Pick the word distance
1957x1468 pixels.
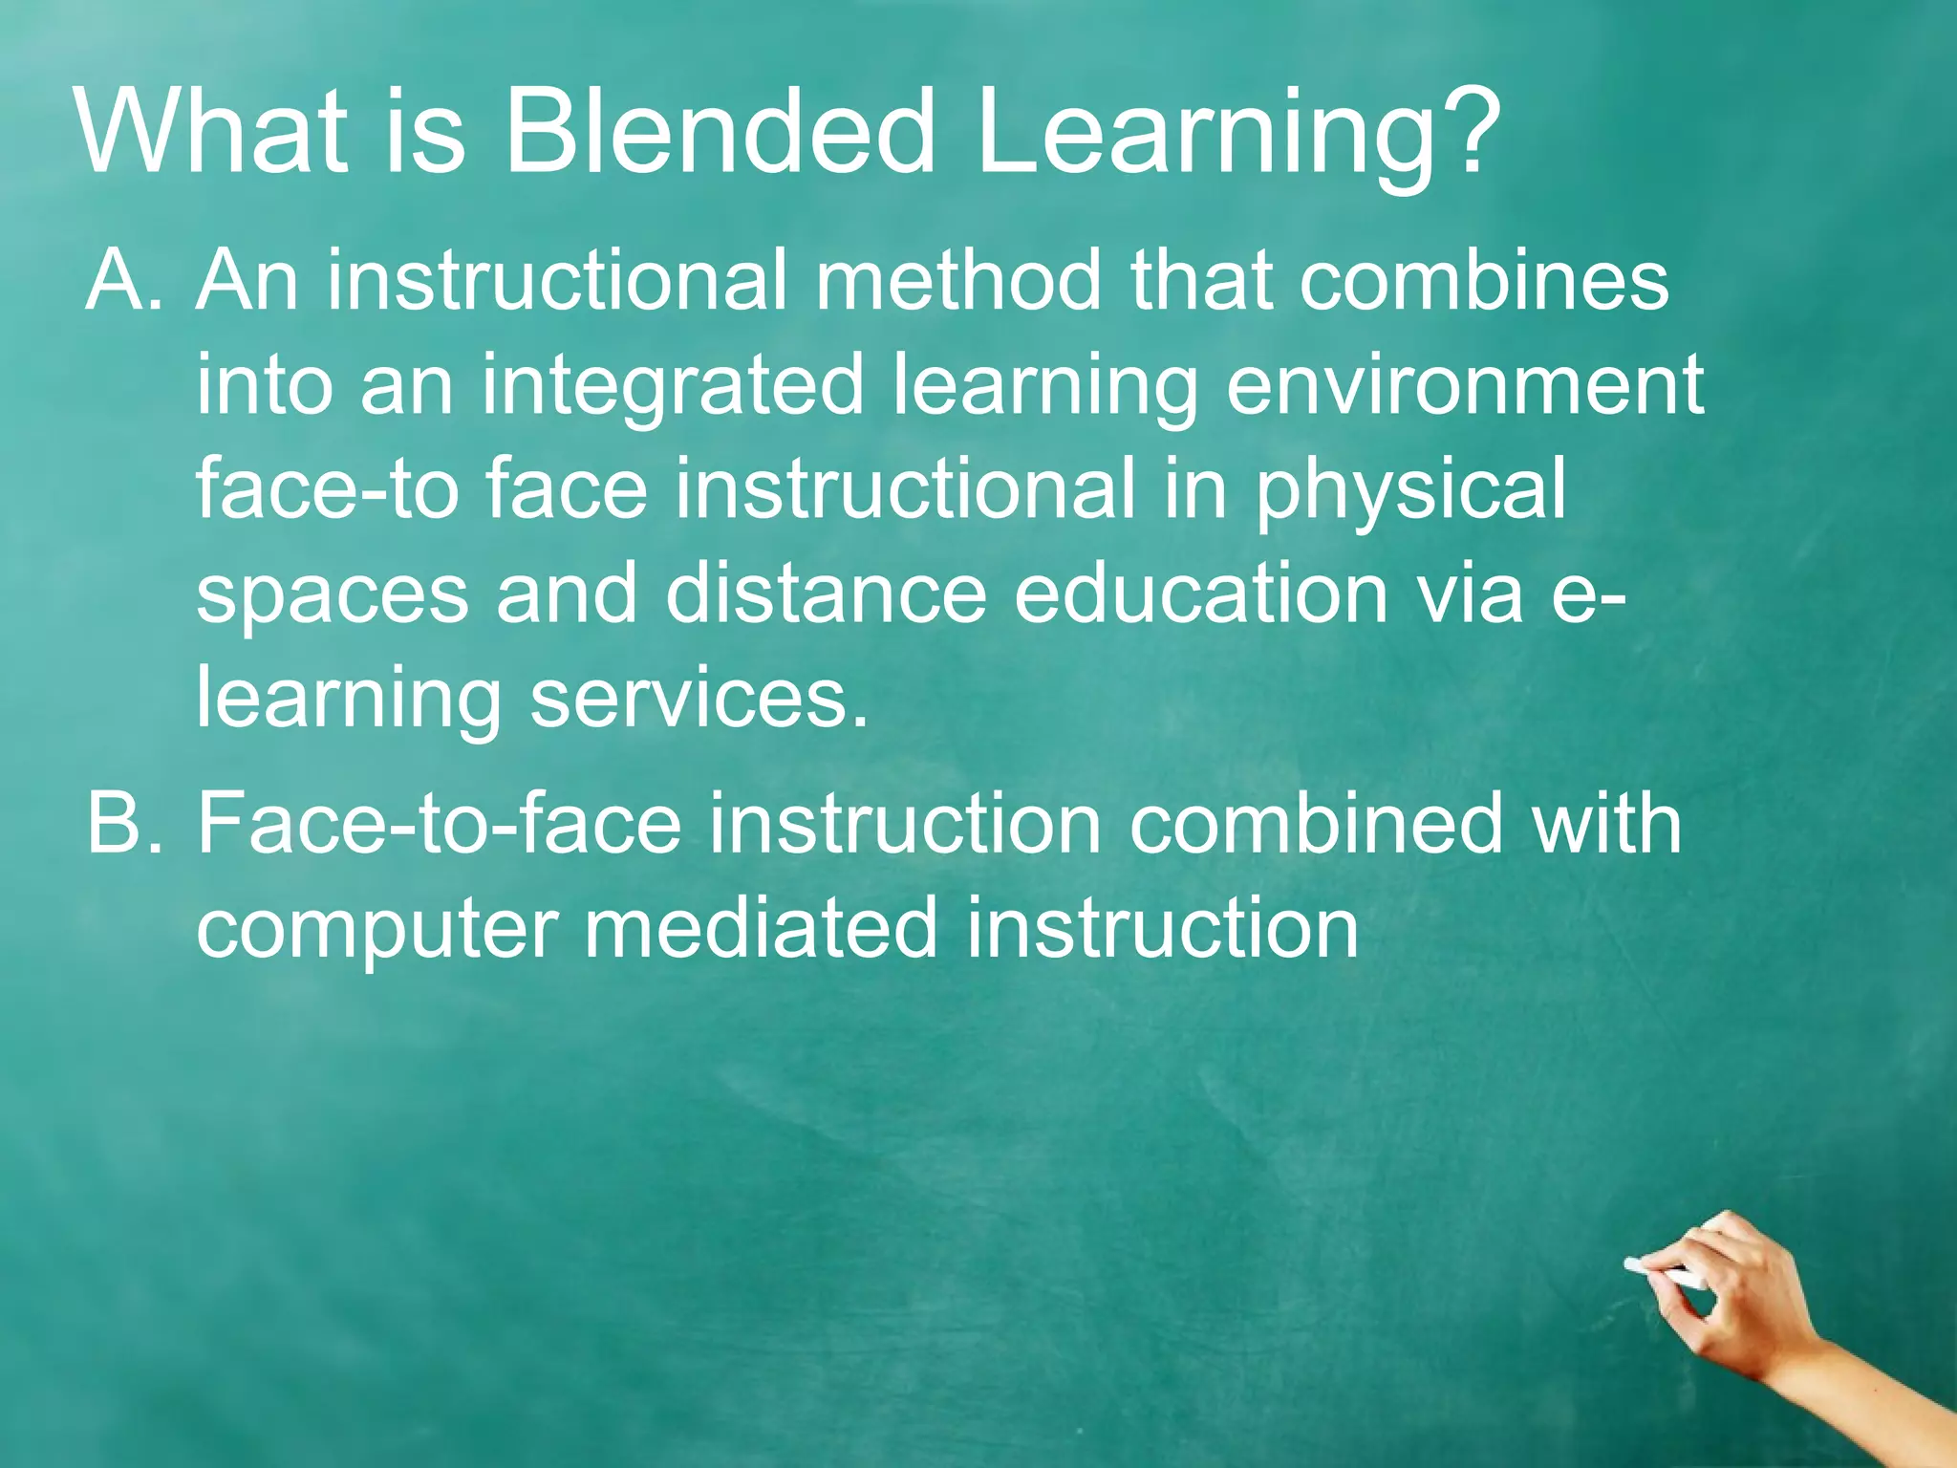(826, 594)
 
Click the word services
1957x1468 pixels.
(699, 699)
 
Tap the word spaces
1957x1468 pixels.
(333, 594)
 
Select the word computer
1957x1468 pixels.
(377, 930)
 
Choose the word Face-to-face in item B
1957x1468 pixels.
(440, 823)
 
